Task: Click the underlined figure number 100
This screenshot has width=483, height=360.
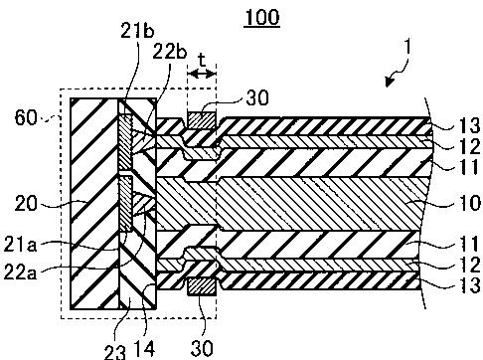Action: (x=261, y=17)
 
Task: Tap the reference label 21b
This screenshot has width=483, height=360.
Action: (x=137, y=31)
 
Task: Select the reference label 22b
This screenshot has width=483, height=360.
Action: (x=170, y=52)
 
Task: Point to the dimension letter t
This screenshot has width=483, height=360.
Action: (x=202, y=61)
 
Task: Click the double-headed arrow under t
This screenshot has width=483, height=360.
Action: (x=202, y=74)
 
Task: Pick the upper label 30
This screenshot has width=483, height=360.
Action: (x=257, y=98)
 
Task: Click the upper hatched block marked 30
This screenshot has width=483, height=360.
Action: (x=202, y=120)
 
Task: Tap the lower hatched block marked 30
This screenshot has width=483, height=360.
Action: (x=202, y=286)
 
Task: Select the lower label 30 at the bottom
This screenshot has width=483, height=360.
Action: (x=202, y=348)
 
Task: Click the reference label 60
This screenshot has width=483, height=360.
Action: (x=26, y=118)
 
